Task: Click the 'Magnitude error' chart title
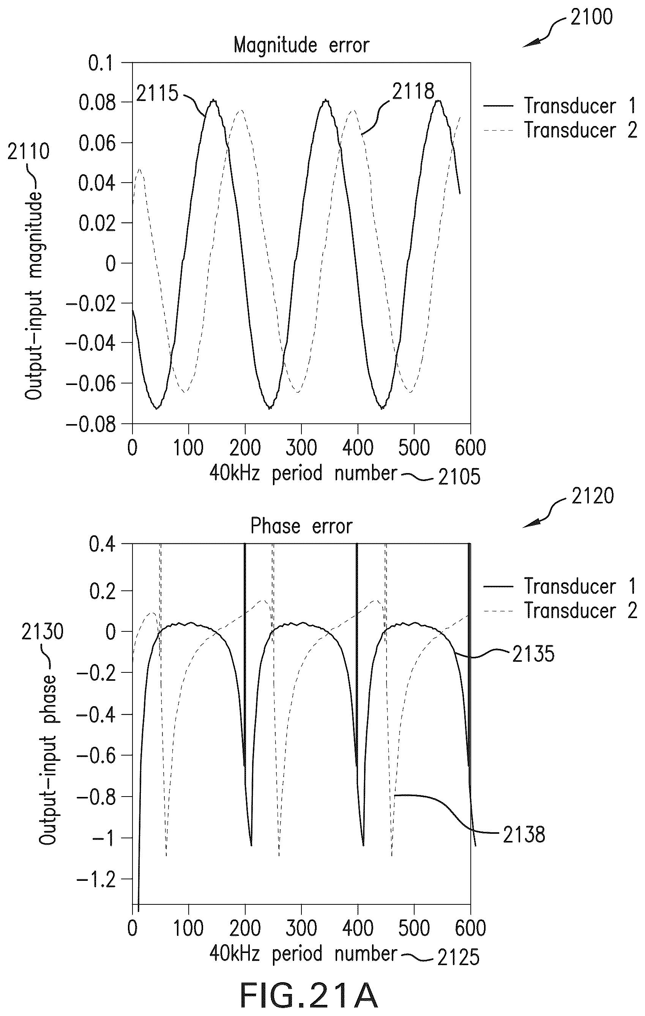coord(301,45)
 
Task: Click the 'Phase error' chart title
coord(301,526)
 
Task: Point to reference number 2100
coord(591,17)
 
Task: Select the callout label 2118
coord(413,91)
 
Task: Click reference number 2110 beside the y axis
coord(28,151)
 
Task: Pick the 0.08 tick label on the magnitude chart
coord(98,103)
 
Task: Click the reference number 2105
coord(459,477)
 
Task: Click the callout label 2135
coord(533,654)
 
